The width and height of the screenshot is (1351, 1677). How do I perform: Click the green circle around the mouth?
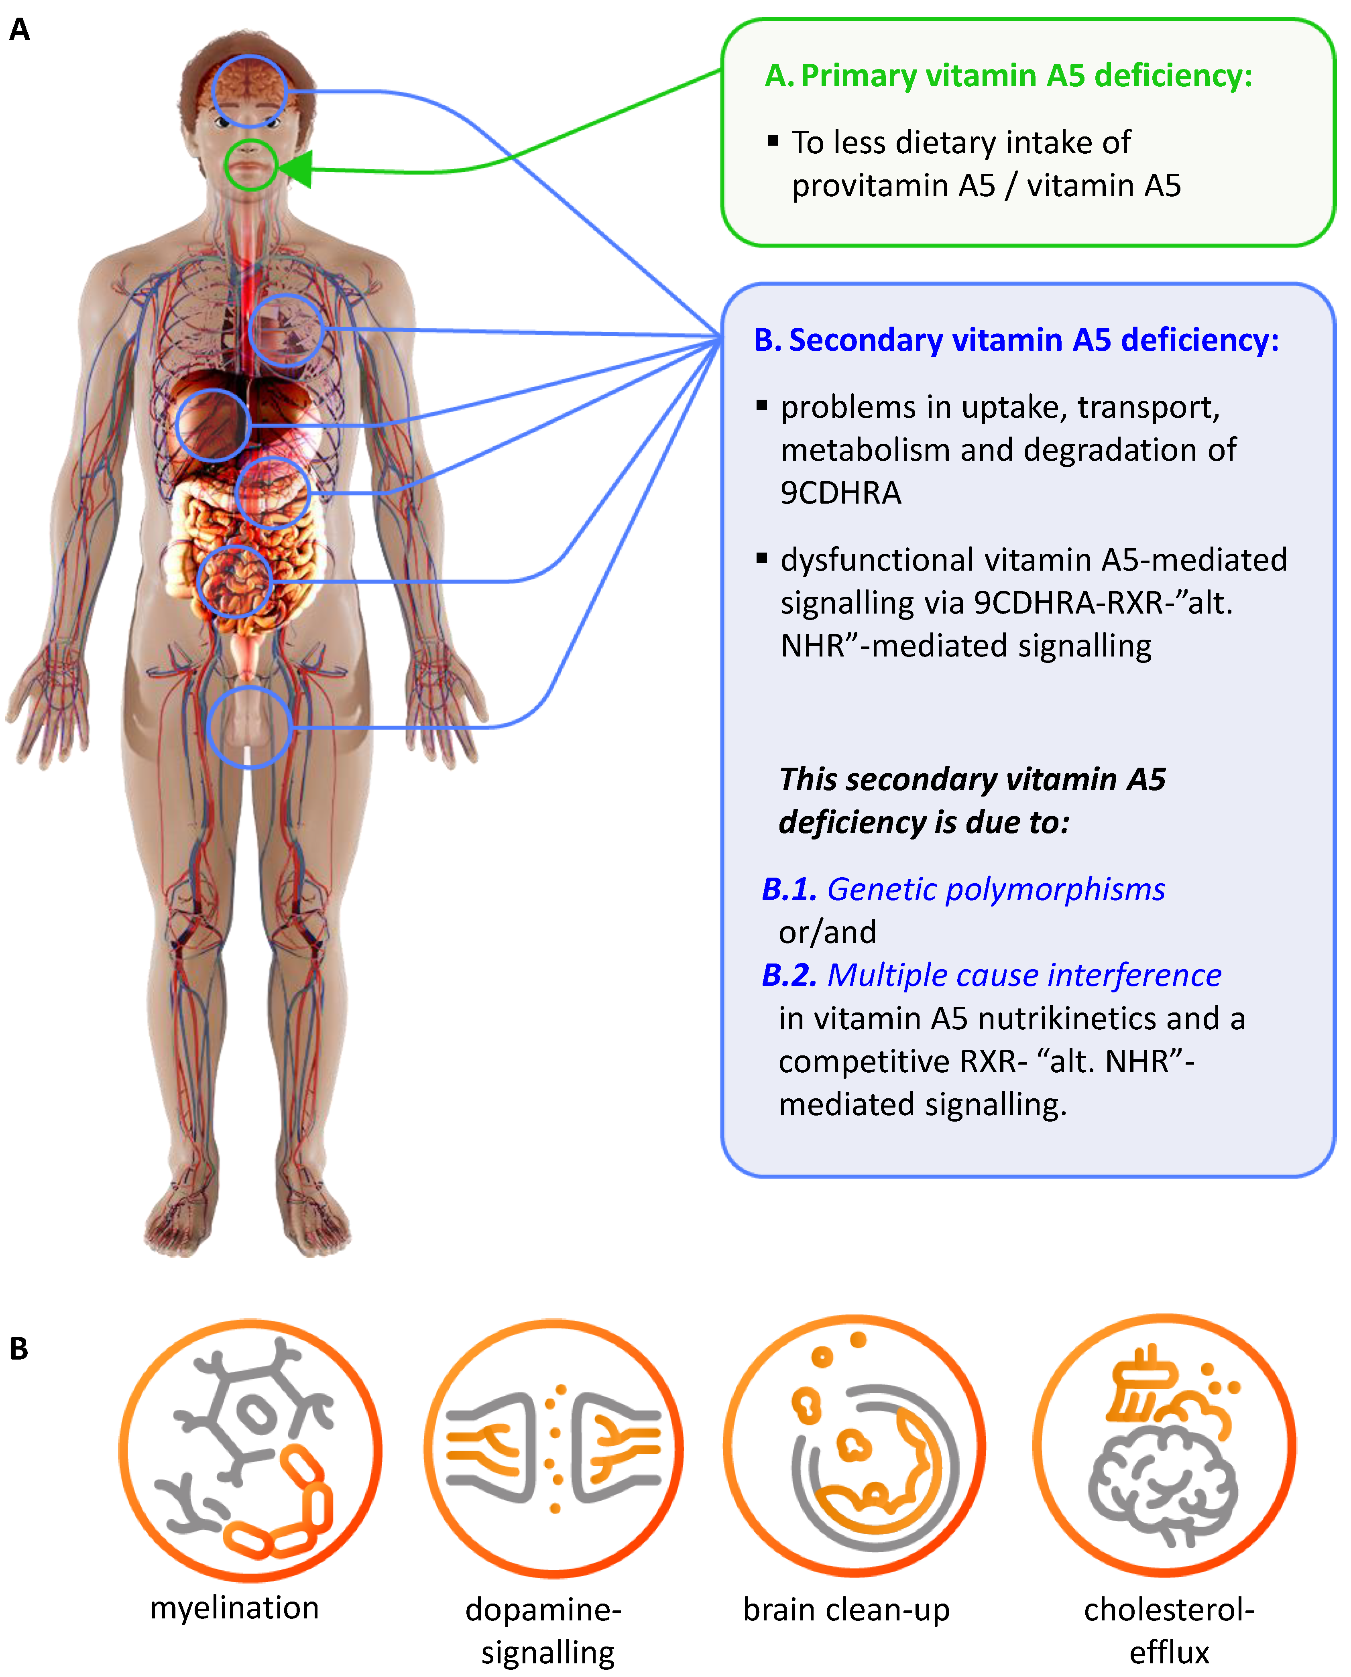point(250,165)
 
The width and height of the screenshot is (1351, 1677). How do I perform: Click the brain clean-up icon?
point(854,1447)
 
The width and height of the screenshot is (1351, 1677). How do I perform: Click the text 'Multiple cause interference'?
point(1023,975)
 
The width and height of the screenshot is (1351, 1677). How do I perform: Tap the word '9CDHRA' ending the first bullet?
point(840,493)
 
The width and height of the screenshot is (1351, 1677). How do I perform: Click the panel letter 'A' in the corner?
point(19,30)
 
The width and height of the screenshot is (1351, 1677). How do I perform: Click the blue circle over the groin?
point(249,728)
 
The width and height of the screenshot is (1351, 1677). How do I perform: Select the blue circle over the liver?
point(212,425)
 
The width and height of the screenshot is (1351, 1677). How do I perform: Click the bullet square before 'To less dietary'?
point(773,141)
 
